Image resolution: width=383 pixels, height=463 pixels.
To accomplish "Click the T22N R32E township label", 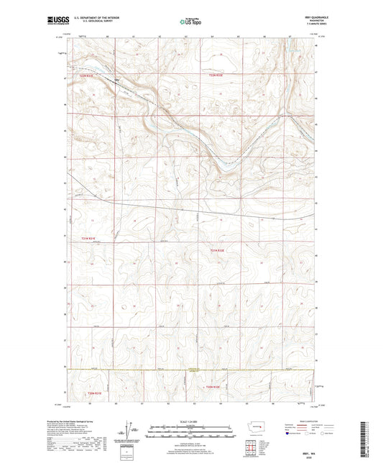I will tap(216, 74).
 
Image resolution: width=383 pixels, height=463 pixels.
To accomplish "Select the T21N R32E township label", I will tap(217, 249).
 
